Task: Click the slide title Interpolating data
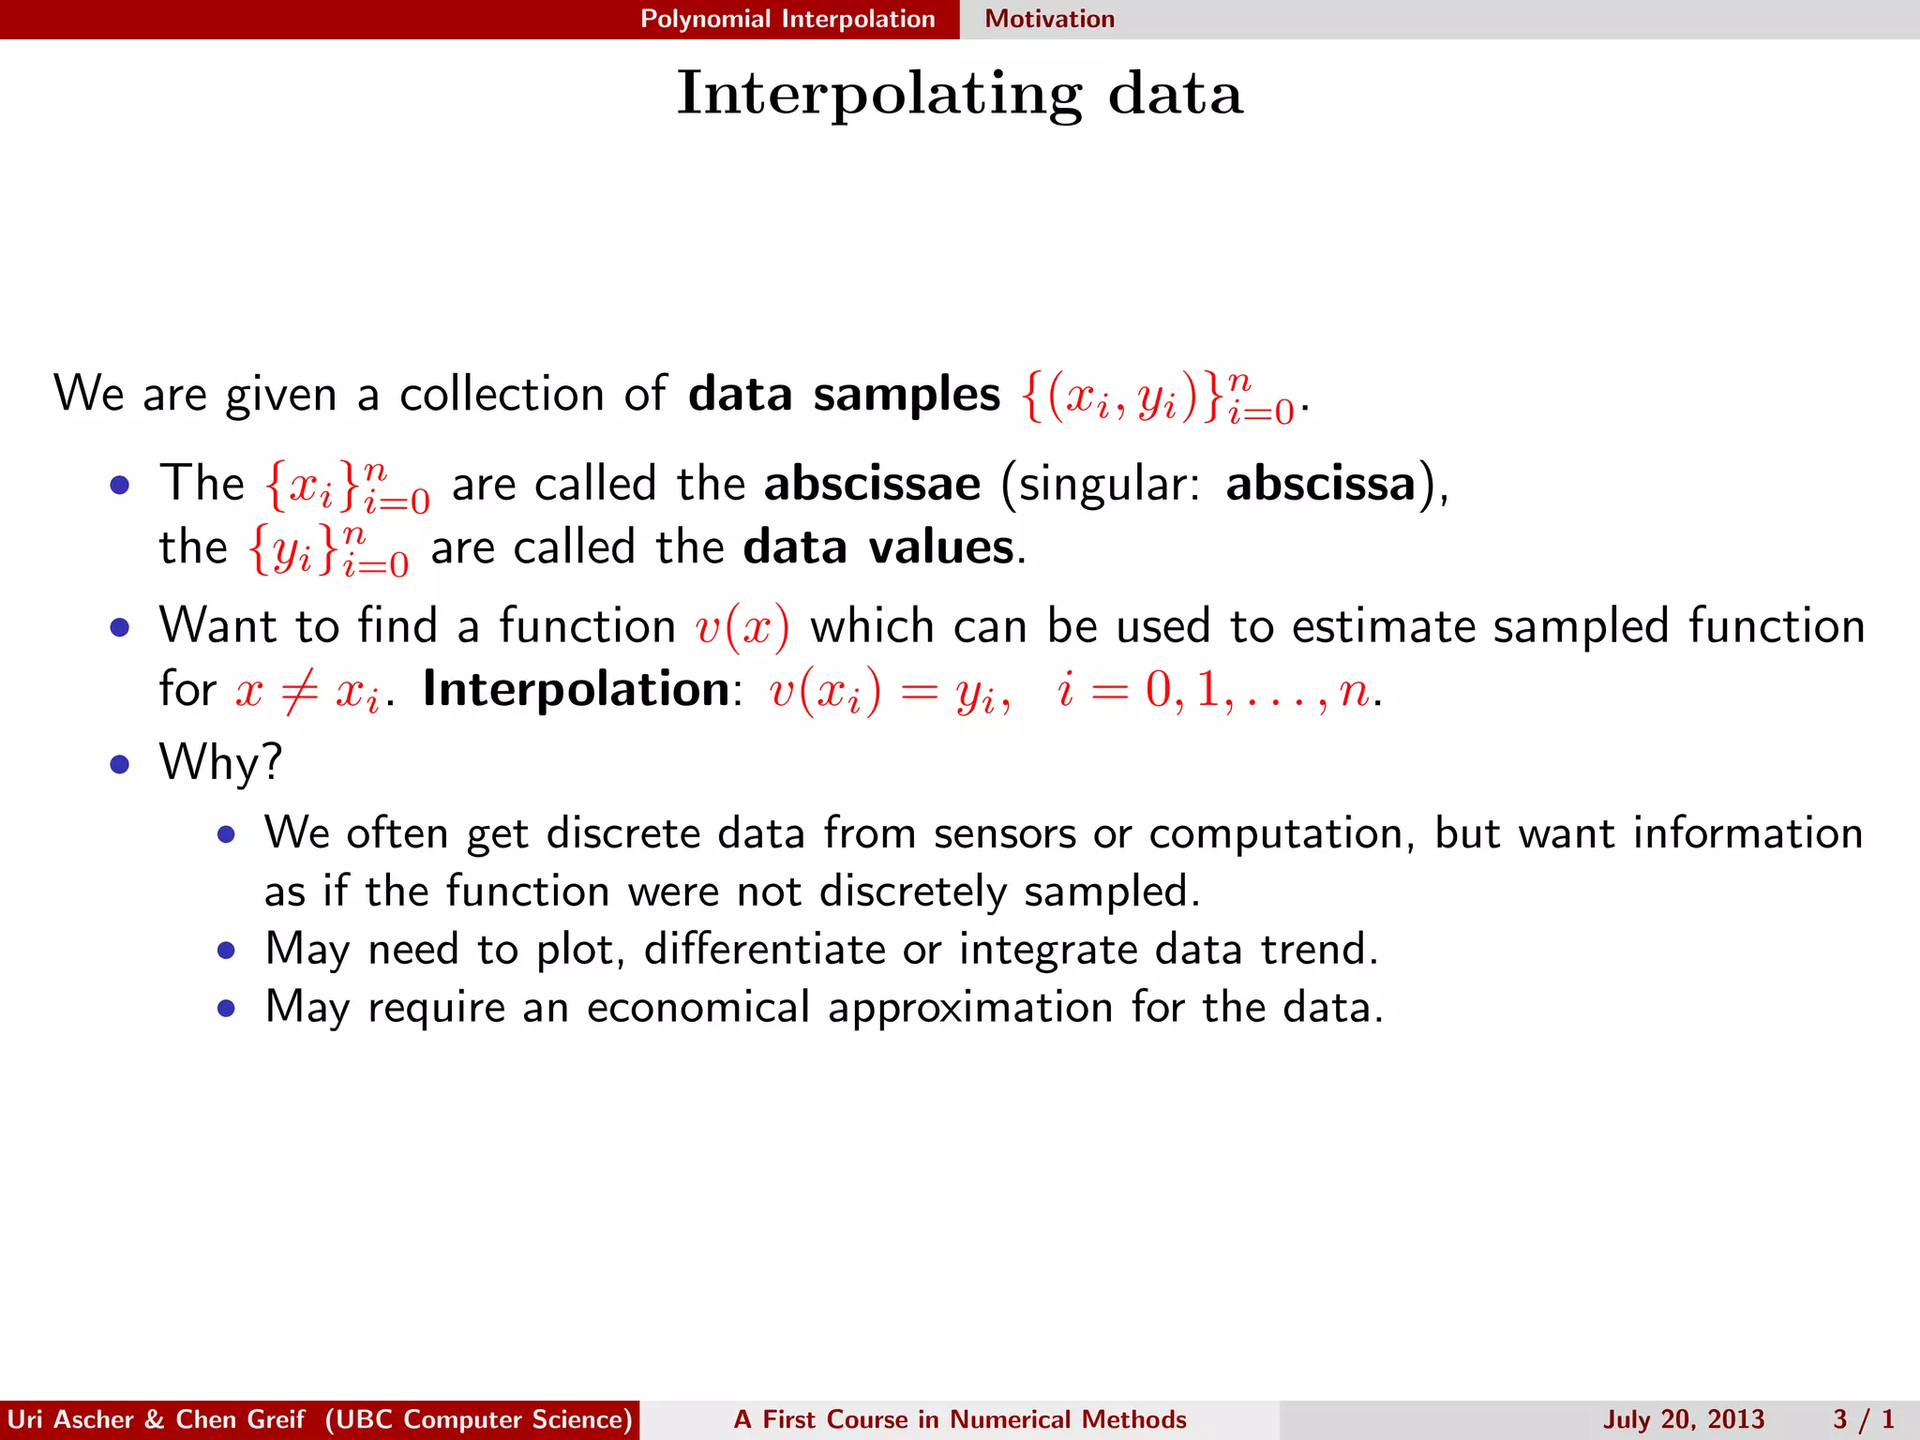pos(960,94)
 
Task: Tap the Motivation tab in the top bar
pos(1049,19)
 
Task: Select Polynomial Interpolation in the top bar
pos(787,19)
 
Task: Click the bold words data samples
pos(844,394)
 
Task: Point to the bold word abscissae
pos(872,485)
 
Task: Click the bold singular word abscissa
pos(1320,485)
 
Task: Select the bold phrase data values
pos(878,547)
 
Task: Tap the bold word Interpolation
pos(576,690)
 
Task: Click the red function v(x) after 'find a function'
pos(742,627)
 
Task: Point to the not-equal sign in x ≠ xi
pos(299,692)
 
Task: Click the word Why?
pos(220,762)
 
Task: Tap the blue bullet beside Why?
pos(119,764)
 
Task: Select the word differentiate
pos(764,950)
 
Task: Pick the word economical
pos(697,1008)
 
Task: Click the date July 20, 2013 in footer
pos(1683,1419)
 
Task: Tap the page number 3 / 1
pos(1864,1419)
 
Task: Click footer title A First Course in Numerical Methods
pos(960,1419)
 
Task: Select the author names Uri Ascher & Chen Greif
pos(156,1419)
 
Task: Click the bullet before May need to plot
pos(226,952)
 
